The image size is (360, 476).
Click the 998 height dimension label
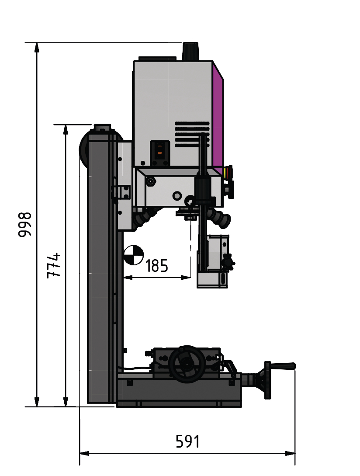pyautogui.click(x=25, y=224)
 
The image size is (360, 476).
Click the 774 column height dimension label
pyautogui.click(x=53, y=265)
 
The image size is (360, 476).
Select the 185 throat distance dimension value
pyautogui.click(x=156, y=266)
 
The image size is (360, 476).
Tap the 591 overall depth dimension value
pyautogui.click(x=187, y=441)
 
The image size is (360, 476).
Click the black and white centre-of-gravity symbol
pyautogui.click(x=133, y=255)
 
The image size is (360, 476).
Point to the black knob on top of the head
pyautogui.click(x=190, y=51)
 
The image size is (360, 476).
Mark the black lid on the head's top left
pyautogui.click(x=157, y=59)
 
